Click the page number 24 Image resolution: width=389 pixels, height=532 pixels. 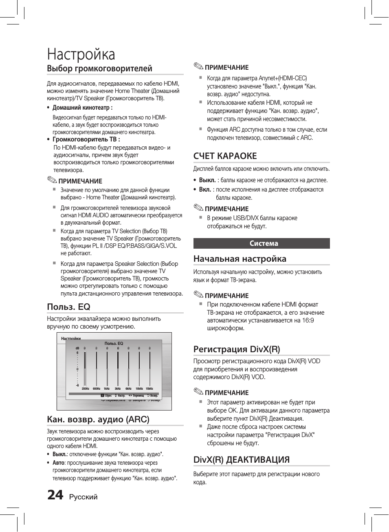click(x=55, y=495)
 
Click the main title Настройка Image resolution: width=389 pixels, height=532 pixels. click(x=81, y=54)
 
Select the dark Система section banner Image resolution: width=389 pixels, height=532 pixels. click(x=262, y=243)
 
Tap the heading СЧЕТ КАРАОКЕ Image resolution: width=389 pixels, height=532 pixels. click(x=225, y=156)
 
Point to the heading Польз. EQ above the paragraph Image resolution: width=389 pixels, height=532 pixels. click(x=68, y=307)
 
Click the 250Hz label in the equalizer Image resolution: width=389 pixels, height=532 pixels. click(x=86, y=389)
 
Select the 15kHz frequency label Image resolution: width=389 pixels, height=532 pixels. click(x=149, y=389)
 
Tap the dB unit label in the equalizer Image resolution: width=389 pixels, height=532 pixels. click(x=77, y=349)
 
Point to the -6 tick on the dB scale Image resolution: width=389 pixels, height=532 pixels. click(x=77, y=385)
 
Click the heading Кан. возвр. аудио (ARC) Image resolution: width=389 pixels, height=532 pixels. click(x=98, y=419)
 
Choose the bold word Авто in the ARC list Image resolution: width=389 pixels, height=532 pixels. click(x=58, y=463)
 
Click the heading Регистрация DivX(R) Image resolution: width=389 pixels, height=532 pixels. click(x=237, y=349)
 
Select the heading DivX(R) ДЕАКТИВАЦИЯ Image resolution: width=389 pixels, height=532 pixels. click(x=242, y=459)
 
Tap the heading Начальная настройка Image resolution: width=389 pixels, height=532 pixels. click(x=240, y=258)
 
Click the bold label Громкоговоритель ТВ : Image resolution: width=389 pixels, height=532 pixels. click(x=86, y=139)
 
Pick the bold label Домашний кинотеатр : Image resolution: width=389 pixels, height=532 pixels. click(x=82, y=108)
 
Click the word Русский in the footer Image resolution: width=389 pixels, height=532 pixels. click(x=83, y=497)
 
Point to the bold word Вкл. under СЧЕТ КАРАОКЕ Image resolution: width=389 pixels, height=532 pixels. click(x=205, y=190)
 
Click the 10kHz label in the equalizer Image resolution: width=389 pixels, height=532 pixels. click(x=139, y=389)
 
